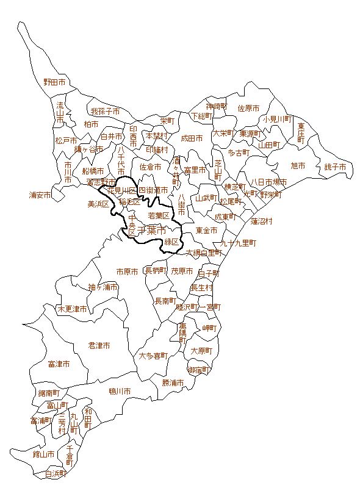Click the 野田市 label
(54, 82)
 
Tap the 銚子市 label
(335, 167)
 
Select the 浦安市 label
(40, 195)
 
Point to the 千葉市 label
(152, 231)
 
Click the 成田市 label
(192, 138)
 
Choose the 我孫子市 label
(105, 112)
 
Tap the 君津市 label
(99, 345)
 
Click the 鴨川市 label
(120, 391)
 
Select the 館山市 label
(44, 454)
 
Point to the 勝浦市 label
(173, 382)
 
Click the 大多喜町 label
(153, 356)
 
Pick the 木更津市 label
(73, 309)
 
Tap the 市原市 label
(128, 271)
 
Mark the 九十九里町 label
(239, 243)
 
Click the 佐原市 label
(248, 109)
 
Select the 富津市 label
(59, 364)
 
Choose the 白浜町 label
(56, 473)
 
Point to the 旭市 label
(298, 165)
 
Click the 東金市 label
(206, 231)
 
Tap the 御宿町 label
(200, 370)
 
